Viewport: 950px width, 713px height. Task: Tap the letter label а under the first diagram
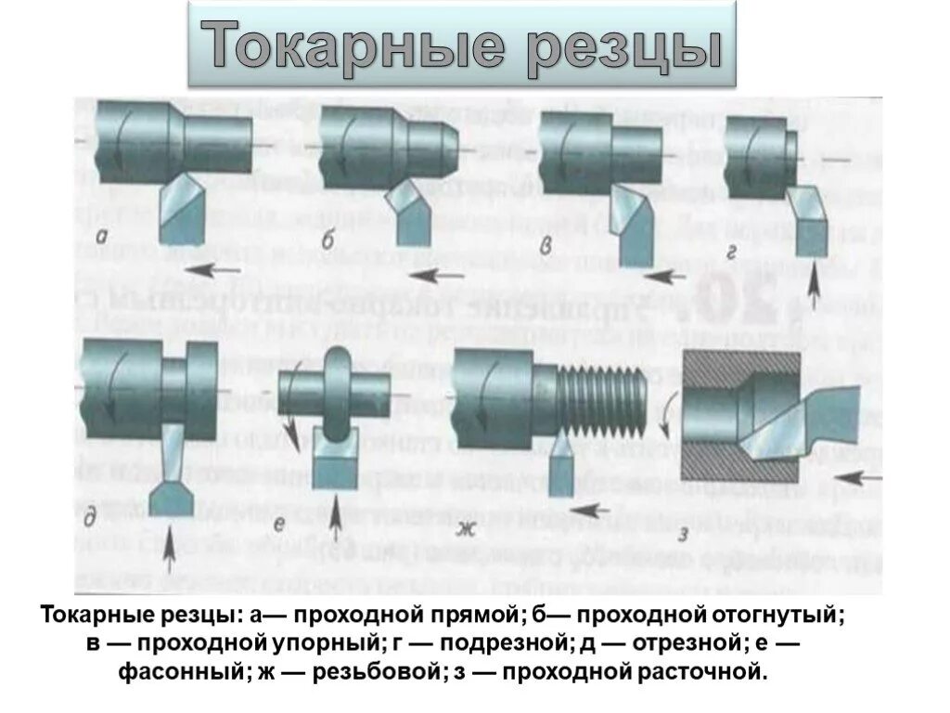pos(111,238)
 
